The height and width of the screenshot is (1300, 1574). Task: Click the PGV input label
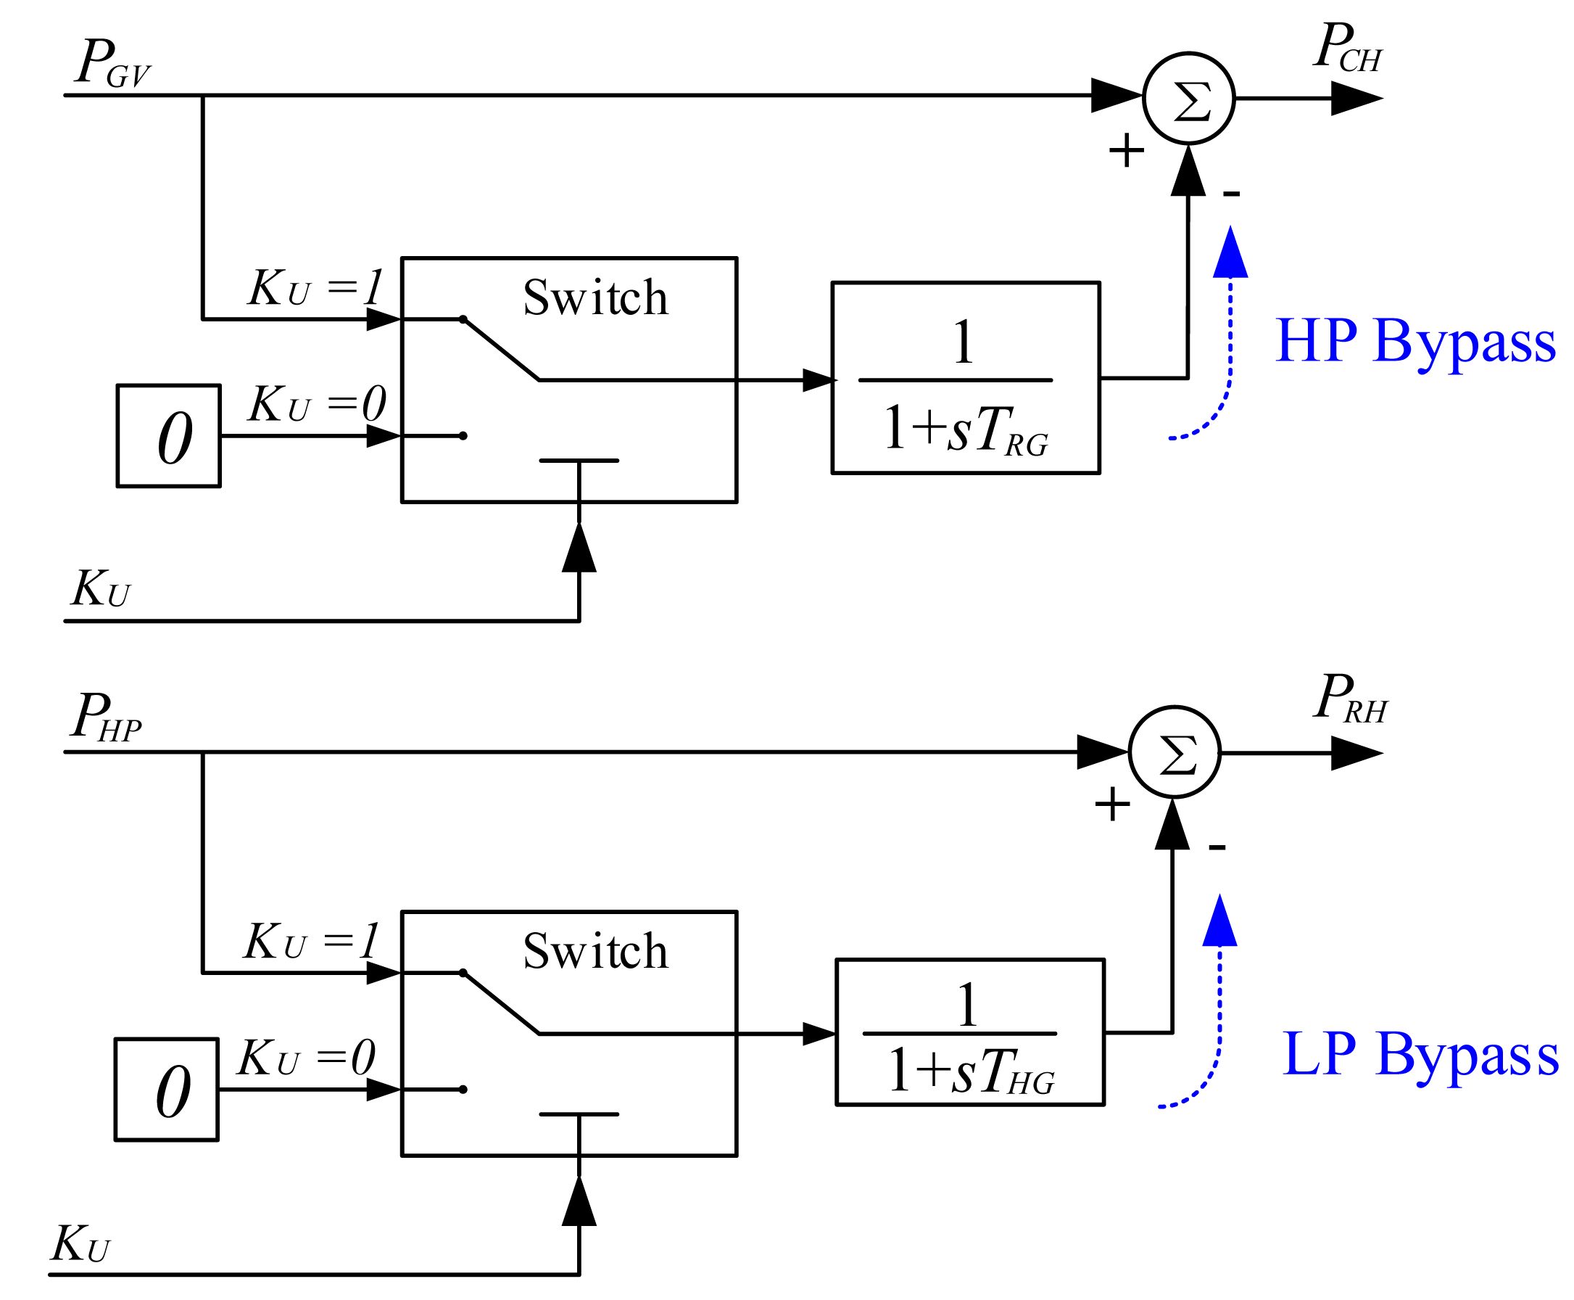[x=112, y=64]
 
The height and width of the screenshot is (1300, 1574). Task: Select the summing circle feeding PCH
[x=1188, y=98]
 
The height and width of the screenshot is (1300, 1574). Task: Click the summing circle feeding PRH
[x=1174, y=752]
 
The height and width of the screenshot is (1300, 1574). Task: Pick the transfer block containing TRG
[x=965, y=377]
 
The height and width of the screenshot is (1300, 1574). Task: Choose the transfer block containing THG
[x=969, y=1031]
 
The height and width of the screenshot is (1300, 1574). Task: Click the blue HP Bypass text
[x=1414, y=342]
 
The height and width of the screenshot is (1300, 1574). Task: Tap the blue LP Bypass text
[x=1420, y=1054]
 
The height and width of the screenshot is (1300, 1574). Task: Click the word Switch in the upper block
[x=595, y=297]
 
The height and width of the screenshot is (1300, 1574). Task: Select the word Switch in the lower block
[x=595, y=951]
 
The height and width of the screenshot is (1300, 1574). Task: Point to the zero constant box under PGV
[x=168, y=436]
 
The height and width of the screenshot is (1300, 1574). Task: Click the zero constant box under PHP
[x=166, y=1090]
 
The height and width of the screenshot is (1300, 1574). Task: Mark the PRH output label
[x=1349, y=699]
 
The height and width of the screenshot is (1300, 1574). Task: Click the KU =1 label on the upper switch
[x=315, y=287]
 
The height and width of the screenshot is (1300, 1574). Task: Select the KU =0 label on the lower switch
[x=306, y=1058]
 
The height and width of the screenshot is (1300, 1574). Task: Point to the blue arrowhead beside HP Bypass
[x=1230, y=254]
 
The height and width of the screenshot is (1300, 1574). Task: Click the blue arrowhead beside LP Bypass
[x=1219, y=922]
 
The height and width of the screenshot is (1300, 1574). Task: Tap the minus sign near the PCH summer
[x=1231, y=194]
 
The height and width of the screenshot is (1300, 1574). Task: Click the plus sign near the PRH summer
[x=1112, y=805]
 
